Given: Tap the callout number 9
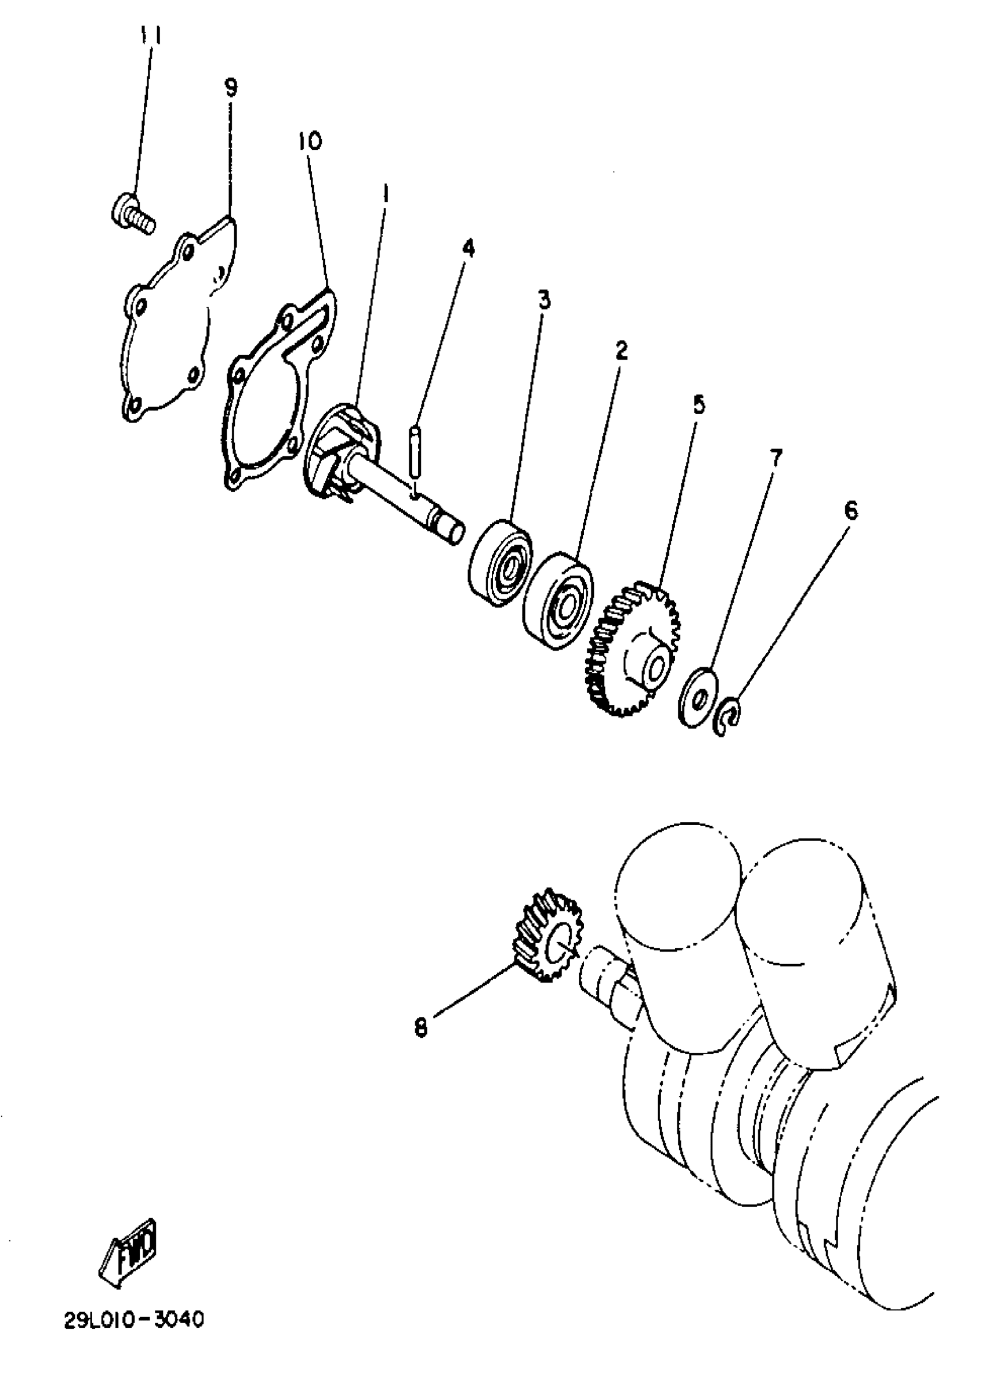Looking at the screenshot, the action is click(231, 88).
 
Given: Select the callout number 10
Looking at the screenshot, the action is click(310, 142).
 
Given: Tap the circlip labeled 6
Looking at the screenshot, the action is click(729, 717).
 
